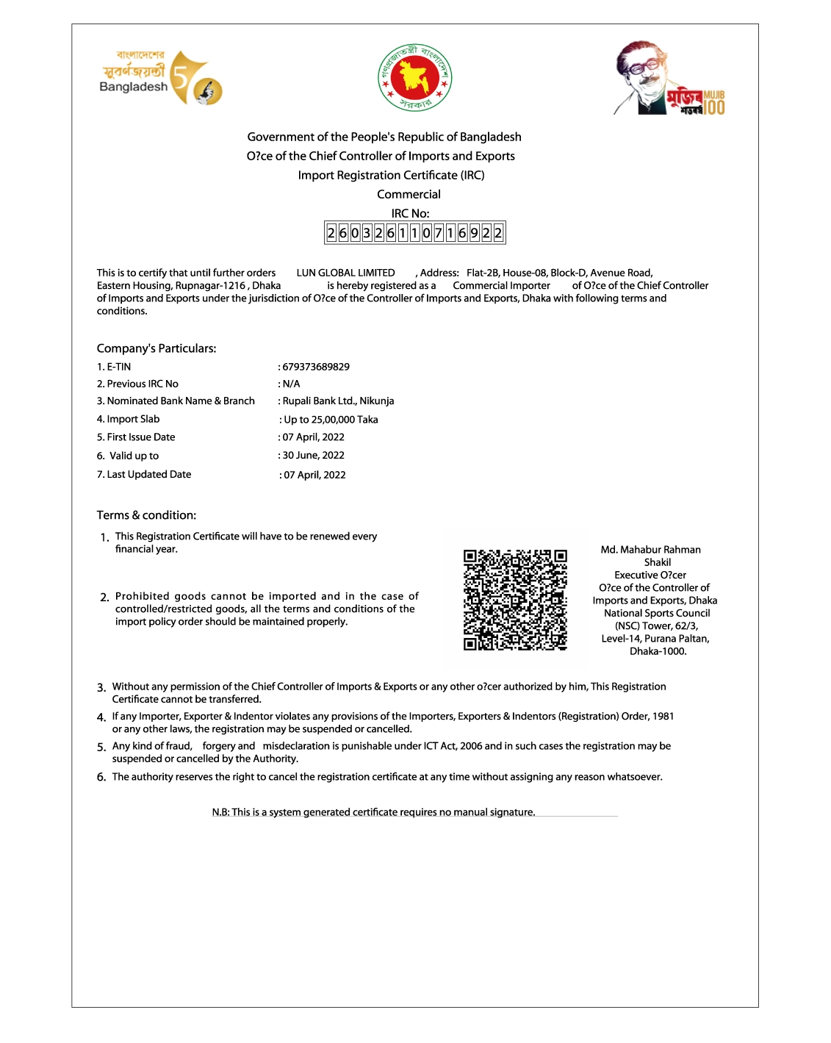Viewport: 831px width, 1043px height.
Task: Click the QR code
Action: [x=515, y=600]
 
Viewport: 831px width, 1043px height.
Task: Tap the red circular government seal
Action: [x=414, y=77]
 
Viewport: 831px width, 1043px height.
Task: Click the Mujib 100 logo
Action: [x=670, y=79]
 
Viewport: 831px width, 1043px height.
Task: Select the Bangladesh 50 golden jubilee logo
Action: [x=161, y=78]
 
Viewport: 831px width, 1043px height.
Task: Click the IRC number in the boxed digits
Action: [x=415, y=233]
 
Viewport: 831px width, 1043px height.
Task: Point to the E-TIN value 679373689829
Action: [x=316, y=367]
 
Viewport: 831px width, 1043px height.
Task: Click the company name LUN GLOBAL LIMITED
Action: [x=345, y=273]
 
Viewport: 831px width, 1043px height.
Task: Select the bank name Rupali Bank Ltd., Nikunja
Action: [x=338, y=401]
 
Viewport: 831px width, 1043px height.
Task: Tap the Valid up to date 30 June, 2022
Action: [x=313, y=456]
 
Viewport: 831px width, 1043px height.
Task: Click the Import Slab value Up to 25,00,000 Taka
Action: [x=331, y=420]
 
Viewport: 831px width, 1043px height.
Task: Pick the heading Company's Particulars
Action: [x=157, y=348]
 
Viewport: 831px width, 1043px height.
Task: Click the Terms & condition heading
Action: [x=146, y=515]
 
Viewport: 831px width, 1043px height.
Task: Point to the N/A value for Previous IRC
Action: [x=291, y=384]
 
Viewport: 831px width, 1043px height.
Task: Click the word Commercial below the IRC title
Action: [x=409, y=195]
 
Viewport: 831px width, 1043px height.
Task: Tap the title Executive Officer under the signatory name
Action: [x=650, y=576]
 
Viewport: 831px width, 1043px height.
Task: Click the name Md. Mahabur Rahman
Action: [x=650, y=550]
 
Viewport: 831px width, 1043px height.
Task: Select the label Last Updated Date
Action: [x=144, y=475]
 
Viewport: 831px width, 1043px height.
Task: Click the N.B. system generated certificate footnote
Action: [x=373, y=812]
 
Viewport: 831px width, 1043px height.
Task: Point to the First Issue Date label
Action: [x=136, y=437]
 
